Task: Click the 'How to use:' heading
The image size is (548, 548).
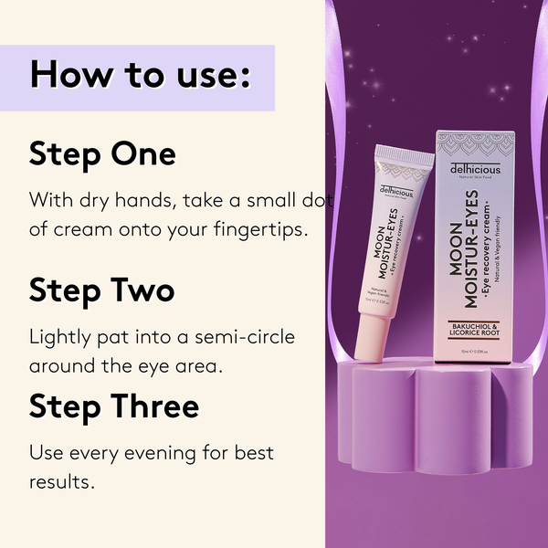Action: pos(140,75)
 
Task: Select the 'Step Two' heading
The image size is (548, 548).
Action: pos(101,290)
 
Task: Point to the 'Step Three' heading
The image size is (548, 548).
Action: pos(114,406)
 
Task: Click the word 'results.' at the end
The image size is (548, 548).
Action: pos(62,481)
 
